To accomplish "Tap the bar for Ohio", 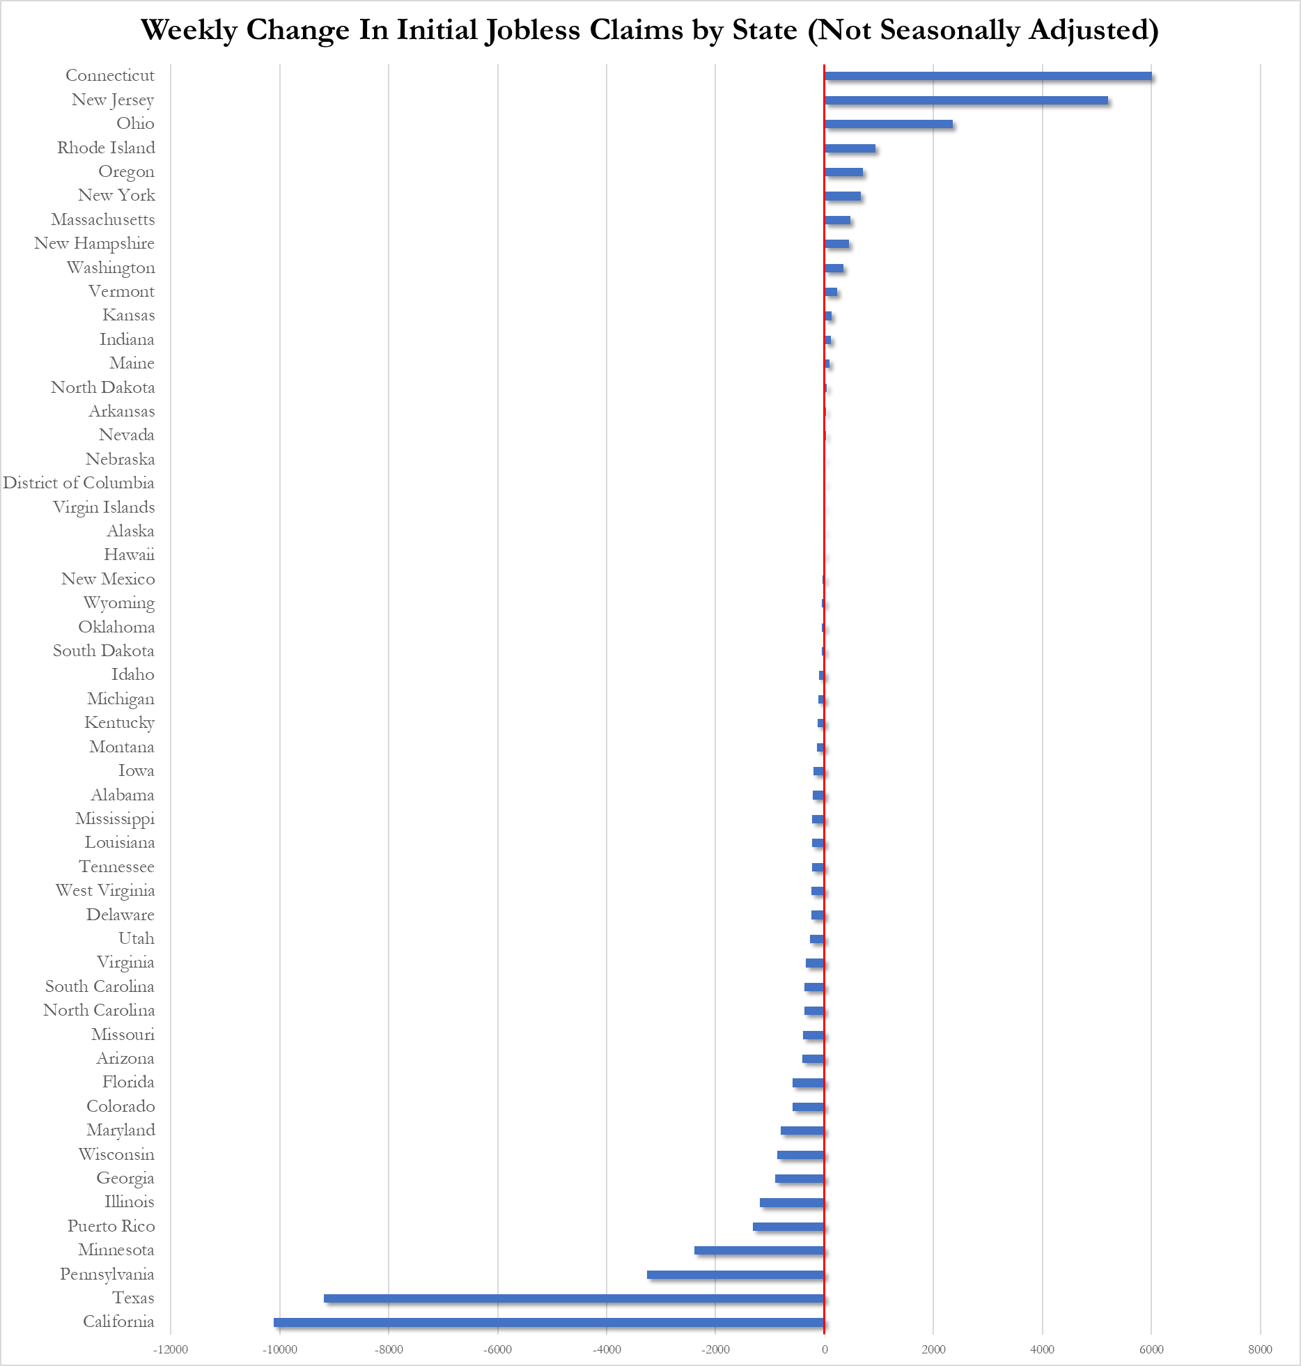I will pos(888,124).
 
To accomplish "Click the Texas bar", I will pos(574,1298).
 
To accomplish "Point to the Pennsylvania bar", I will pos(735,1275).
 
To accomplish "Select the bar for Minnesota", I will pos(759,1250).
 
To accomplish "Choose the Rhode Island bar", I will pos(850,148).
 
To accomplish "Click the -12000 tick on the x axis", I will pos(171,1349).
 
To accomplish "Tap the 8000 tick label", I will pos(1260,1349).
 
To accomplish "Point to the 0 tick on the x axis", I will pos(825,1349).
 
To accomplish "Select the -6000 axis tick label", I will pos(497,1349).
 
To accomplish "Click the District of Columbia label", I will pos(79,483).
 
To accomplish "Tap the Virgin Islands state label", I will pos(104,507).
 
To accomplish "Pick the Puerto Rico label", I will pos(111,1226).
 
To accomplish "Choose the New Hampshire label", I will pos(94,243).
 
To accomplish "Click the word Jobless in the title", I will pos(533,31).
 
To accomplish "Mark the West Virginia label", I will pos(105,890).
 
